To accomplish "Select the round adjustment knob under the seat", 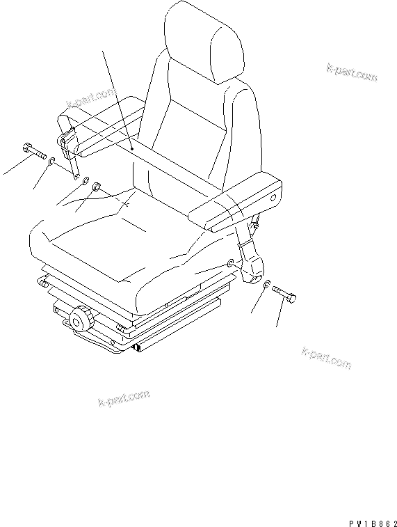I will tap(81, 320).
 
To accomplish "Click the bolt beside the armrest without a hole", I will tap(34, 150).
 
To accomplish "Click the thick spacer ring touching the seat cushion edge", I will tap(97, 186).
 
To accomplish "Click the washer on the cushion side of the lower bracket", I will tap(230, 262).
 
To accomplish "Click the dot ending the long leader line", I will tap(131, 148).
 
